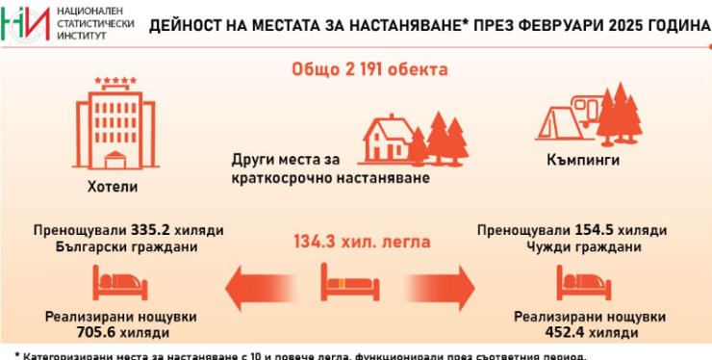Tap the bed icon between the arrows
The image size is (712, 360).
pyautogui.click(x=345, y=282)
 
